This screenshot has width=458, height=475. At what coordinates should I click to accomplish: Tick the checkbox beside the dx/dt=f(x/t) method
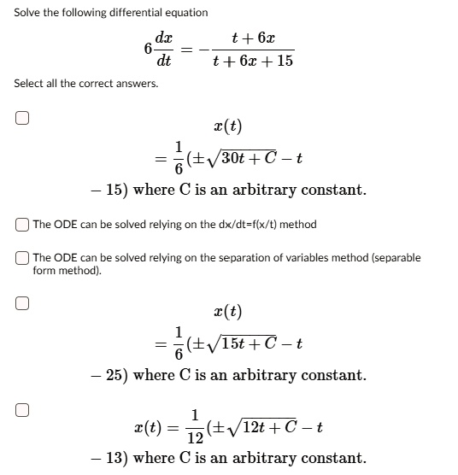pyautogui.click(x=22, y=225)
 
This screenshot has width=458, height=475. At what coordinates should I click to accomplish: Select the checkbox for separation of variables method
pyautogui.click(x=22, y=258)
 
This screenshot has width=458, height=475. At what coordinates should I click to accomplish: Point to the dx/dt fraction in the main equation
pyautogui.click(x=162, y=50)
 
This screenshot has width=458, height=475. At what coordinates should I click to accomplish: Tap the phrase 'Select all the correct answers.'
pyautogui.click(x=86, y=83)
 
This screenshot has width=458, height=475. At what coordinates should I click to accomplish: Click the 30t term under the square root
pyautogui.click(x=237, y=158)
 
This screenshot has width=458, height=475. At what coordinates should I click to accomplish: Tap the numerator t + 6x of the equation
pyautogui.click(x=253, y=39)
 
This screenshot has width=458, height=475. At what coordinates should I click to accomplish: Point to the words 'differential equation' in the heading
pyautogui.click(x=141, y=12)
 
